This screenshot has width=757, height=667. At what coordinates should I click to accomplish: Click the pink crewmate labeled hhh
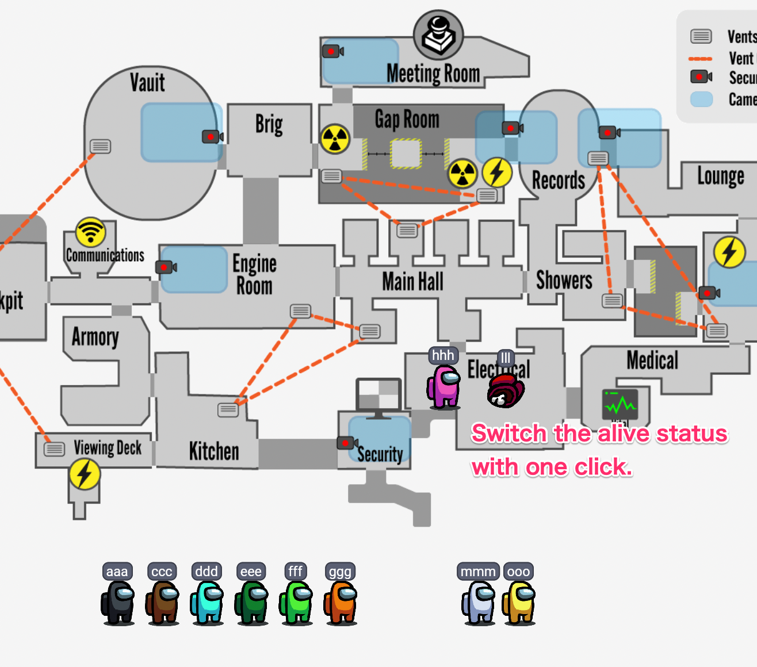444,386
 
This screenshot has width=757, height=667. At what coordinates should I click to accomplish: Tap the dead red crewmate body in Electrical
505,390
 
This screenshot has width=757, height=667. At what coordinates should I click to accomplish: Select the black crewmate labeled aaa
118,602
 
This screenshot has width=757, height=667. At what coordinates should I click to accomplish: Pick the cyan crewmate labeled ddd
207,602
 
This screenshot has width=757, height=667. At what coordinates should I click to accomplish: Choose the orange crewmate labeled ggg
341,602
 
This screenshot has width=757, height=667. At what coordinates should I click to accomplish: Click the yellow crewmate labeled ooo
519,602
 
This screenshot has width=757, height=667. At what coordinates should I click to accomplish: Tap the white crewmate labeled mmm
479,602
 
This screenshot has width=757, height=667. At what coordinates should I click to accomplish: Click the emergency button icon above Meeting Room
438,34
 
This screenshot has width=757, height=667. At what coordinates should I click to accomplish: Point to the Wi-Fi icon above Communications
90,232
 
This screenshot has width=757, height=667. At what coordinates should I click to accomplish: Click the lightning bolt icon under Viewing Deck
85,474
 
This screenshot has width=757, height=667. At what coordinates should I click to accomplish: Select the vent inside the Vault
100,146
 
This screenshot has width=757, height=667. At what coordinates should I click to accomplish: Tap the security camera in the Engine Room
166,267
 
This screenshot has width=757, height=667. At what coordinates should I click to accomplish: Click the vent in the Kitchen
228,409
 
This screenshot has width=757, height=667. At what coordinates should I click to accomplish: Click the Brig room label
269,124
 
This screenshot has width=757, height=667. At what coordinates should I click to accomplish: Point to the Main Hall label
412,282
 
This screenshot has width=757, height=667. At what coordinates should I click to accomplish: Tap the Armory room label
95,337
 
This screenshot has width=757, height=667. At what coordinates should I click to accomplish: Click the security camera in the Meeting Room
332,51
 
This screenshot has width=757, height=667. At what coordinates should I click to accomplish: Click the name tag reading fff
295,571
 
